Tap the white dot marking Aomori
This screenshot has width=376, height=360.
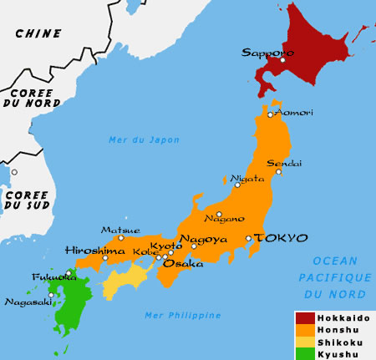point(271,114)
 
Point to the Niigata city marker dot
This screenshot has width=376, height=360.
point(237,185)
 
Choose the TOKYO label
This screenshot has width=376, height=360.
point(280,238)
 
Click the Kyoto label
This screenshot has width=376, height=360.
point(165,246)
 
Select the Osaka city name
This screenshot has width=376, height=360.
point(182,263)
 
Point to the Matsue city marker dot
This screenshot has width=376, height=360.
point(120,238)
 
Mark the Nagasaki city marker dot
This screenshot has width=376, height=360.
point(52,294)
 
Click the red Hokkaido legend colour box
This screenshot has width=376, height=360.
point(305,318)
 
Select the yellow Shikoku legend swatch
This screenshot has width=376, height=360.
point(305,342)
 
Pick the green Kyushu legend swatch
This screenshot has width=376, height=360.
point(305,353)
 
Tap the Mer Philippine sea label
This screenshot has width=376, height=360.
point(182,315)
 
